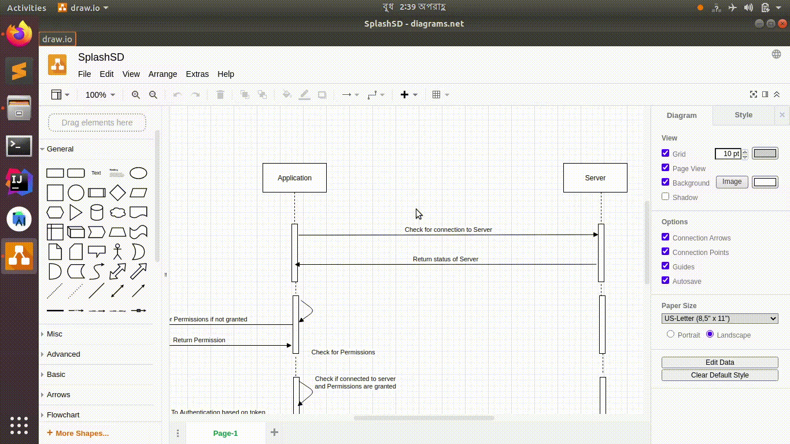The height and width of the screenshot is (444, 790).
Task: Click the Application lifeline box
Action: point(294,177)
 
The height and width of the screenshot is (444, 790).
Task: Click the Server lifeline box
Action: point(595,177)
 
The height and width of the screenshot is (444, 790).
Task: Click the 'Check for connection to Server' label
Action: point(448,230)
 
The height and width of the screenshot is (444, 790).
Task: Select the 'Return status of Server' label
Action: point(445,259)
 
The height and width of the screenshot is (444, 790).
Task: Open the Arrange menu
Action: point(163,74)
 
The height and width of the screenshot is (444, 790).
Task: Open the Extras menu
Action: point(197,74)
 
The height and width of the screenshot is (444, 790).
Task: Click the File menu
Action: point(84,74)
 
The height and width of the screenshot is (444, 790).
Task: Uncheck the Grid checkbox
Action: point(666,153)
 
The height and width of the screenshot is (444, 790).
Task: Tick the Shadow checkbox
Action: point(666,197)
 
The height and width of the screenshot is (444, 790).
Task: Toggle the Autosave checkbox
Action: point(666,280)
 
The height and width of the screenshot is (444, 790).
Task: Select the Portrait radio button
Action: point(671,334)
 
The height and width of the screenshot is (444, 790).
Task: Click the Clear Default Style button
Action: point(719,375)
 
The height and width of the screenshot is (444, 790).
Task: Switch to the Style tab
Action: point(743,115)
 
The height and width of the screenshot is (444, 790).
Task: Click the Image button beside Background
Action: point(732,182)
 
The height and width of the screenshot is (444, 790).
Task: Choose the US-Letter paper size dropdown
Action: point(719,319)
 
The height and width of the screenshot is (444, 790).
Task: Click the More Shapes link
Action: point(82,433)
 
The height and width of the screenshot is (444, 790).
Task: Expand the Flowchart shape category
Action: point(63,415)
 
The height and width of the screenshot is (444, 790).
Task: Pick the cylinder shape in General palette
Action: point(97,212)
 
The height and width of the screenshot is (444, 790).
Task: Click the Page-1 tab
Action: point(226,433)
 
